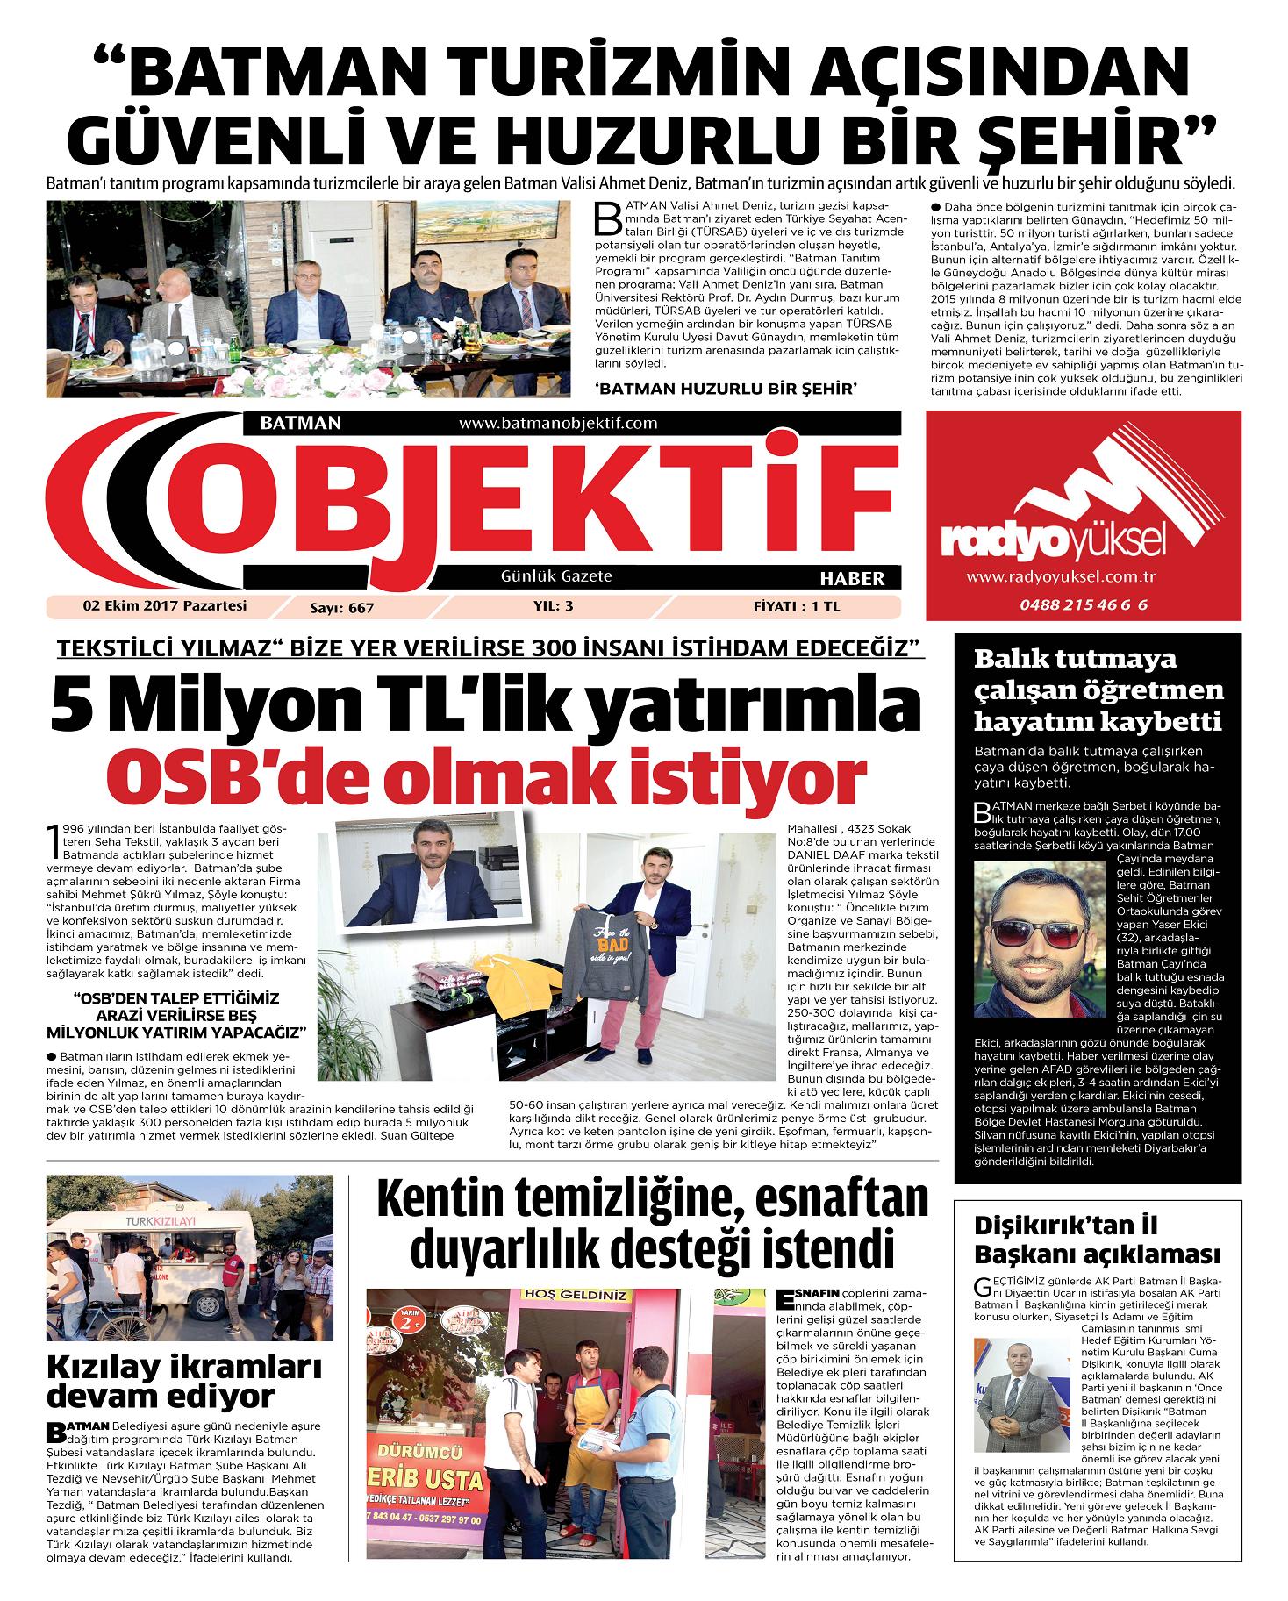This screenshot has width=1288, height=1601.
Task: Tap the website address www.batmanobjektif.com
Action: click(558, 423)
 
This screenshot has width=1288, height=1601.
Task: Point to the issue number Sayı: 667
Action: click(347, 606)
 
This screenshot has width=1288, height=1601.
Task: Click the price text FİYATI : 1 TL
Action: click(796, 605)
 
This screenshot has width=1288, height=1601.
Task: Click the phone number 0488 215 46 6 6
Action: click(1084, 605)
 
